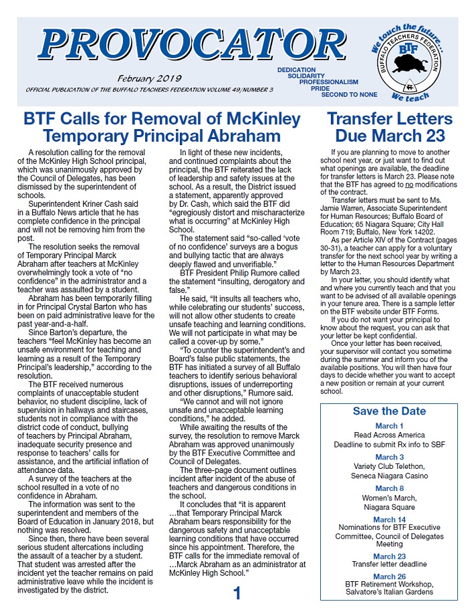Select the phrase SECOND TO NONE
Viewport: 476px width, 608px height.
click(348, 94)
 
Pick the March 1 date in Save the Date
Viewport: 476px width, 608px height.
click(389, 426)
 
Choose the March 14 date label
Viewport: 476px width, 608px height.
click(389, 520)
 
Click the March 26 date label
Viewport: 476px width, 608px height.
click(389, 577)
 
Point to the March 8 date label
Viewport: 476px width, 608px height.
click(389, 489)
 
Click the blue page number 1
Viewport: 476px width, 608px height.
click(237, 594)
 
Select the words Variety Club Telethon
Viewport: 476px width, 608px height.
click(389, 467)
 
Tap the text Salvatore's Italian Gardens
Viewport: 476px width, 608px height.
click(389, 592)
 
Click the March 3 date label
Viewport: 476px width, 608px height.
click(389, 458)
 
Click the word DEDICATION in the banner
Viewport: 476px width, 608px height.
click(297, 70)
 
